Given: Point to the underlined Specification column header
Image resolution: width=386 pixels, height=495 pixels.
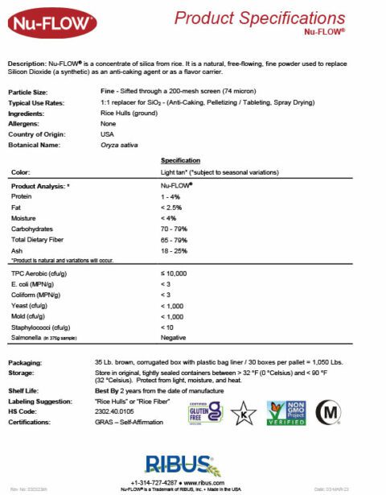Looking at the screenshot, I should [x=180, y=160].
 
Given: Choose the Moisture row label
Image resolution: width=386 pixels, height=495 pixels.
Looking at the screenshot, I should [x=24, y=218].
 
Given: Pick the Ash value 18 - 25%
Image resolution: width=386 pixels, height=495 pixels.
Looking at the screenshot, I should [x=174, y=250].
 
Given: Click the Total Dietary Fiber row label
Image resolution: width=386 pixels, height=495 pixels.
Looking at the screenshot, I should [x=37, y=239].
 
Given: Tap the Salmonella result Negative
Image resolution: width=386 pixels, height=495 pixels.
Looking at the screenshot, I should [x=174, y=337].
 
